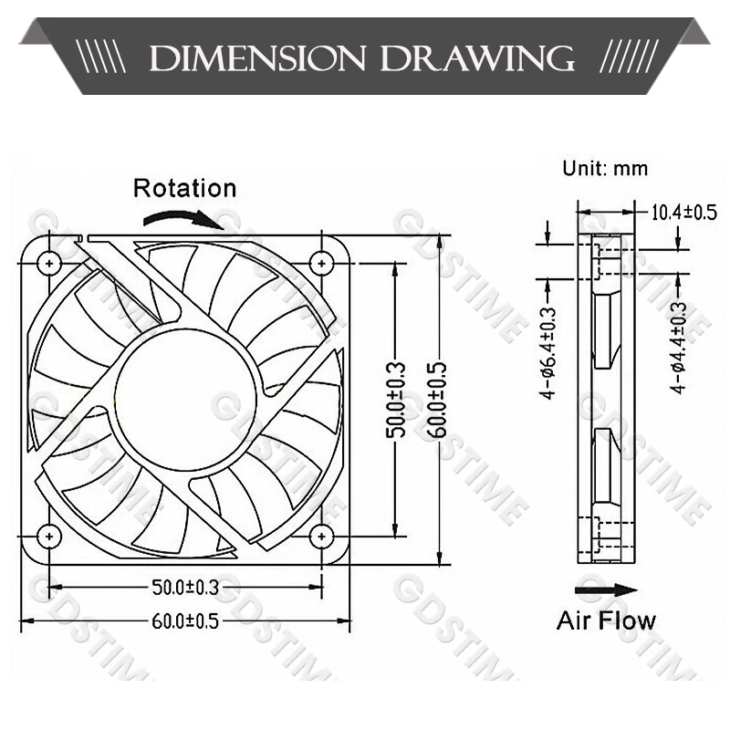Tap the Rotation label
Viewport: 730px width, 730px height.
coord(184,189)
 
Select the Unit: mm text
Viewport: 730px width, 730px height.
coord(605,168)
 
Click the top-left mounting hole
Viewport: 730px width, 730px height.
coord(47,263)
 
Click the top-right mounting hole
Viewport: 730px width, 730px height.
coord(320,263)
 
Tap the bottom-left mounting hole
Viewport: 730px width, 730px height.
coord(47,537)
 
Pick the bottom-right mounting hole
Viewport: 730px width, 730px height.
coord(320,537)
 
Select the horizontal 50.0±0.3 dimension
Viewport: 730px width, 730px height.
coord(183,585)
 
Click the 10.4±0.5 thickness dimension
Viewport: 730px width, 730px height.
coord(683,214)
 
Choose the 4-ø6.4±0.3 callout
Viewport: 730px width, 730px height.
coord(547,351)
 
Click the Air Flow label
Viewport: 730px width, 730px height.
coord(606,621)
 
